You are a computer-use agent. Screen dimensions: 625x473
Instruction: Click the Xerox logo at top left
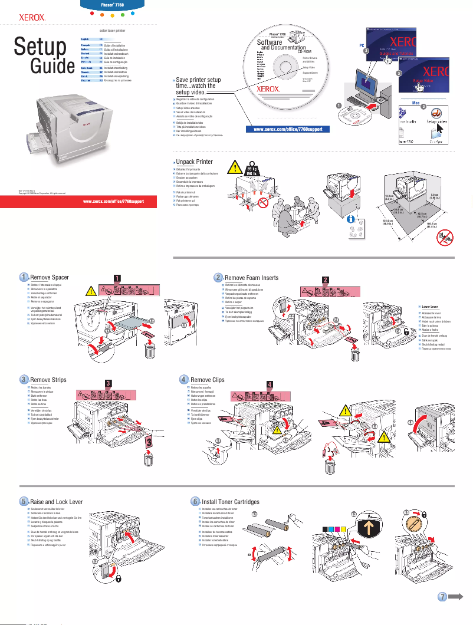click(33, 18)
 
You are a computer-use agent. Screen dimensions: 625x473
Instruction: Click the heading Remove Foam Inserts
click(253, 278)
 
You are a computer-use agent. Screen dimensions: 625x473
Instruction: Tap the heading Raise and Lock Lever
click(57, 502)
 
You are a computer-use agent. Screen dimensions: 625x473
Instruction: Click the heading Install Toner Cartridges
click(231, 502)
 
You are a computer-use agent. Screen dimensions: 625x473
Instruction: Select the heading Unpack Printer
click(194, 162)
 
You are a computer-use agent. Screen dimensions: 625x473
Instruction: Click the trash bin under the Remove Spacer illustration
click(150, 351)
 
